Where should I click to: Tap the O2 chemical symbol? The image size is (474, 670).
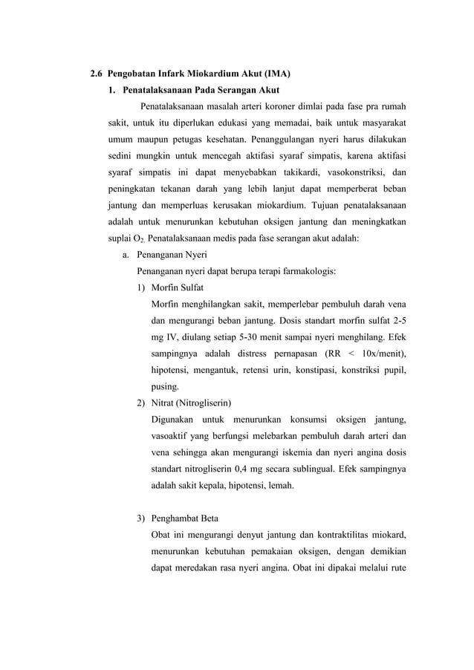[139, 239]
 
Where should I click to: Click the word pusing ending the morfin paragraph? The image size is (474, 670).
[165, 386]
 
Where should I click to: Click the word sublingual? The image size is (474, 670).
[342, 469]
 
